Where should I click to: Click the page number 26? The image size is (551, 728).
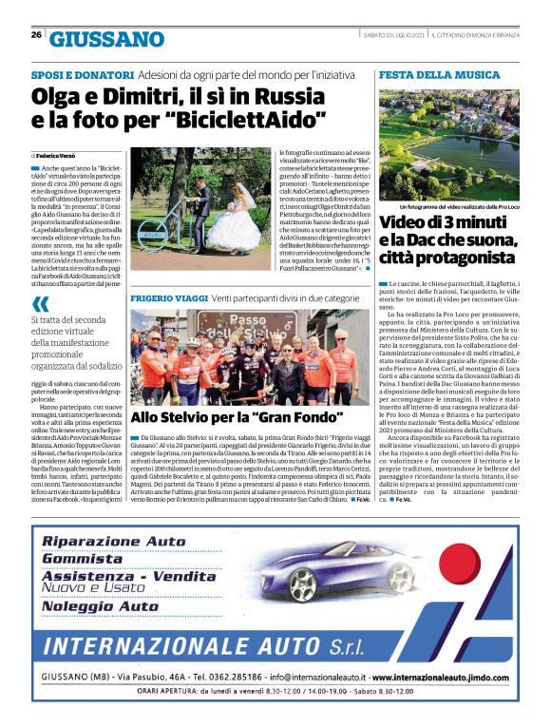click(x=36, y=35)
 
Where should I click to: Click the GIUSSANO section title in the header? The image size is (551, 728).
click(x=106, y=39)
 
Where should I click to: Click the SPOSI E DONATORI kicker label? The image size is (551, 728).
click(x=82, y=74)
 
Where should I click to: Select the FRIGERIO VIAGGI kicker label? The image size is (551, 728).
click(x=167, y=298)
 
